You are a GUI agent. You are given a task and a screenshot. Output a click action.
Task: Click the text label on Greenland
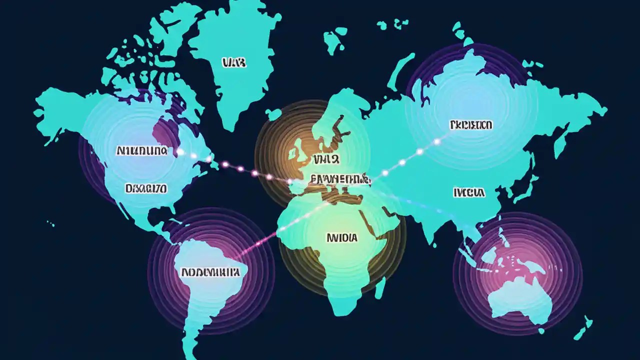(x=233, y=62)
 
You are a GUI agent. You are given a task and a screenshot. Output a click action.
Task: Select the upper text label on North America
(x=142, y=150)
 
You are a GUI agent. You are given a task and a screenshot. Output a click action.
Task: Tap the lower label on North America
(x=146, y=188)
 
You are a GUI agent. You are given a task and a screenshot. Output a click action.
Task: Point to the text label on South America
(x=210, y=272)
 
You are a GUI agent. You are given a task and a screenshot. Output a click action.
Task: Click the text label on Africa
(x=342, y=238)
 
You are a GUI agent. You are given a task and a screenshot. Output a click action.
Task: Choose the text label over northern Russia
(x=470, y=124)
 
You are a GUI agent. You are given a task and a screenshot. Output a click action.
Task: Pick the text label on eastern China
(x=468, y=192)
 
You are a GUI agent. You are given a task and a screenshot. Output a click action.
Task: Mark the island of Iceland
(x=273, y=114)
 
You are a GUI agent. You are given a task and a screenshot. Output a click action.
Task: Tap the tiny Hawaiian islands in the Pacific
(x=49, y=223)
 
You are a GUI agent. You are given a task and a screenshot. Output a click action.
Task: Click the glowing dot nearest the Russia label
(x=436, y=141)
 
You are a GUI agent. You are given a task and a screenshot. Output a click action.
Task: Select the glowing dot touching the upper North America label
(x=180, y=151)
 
